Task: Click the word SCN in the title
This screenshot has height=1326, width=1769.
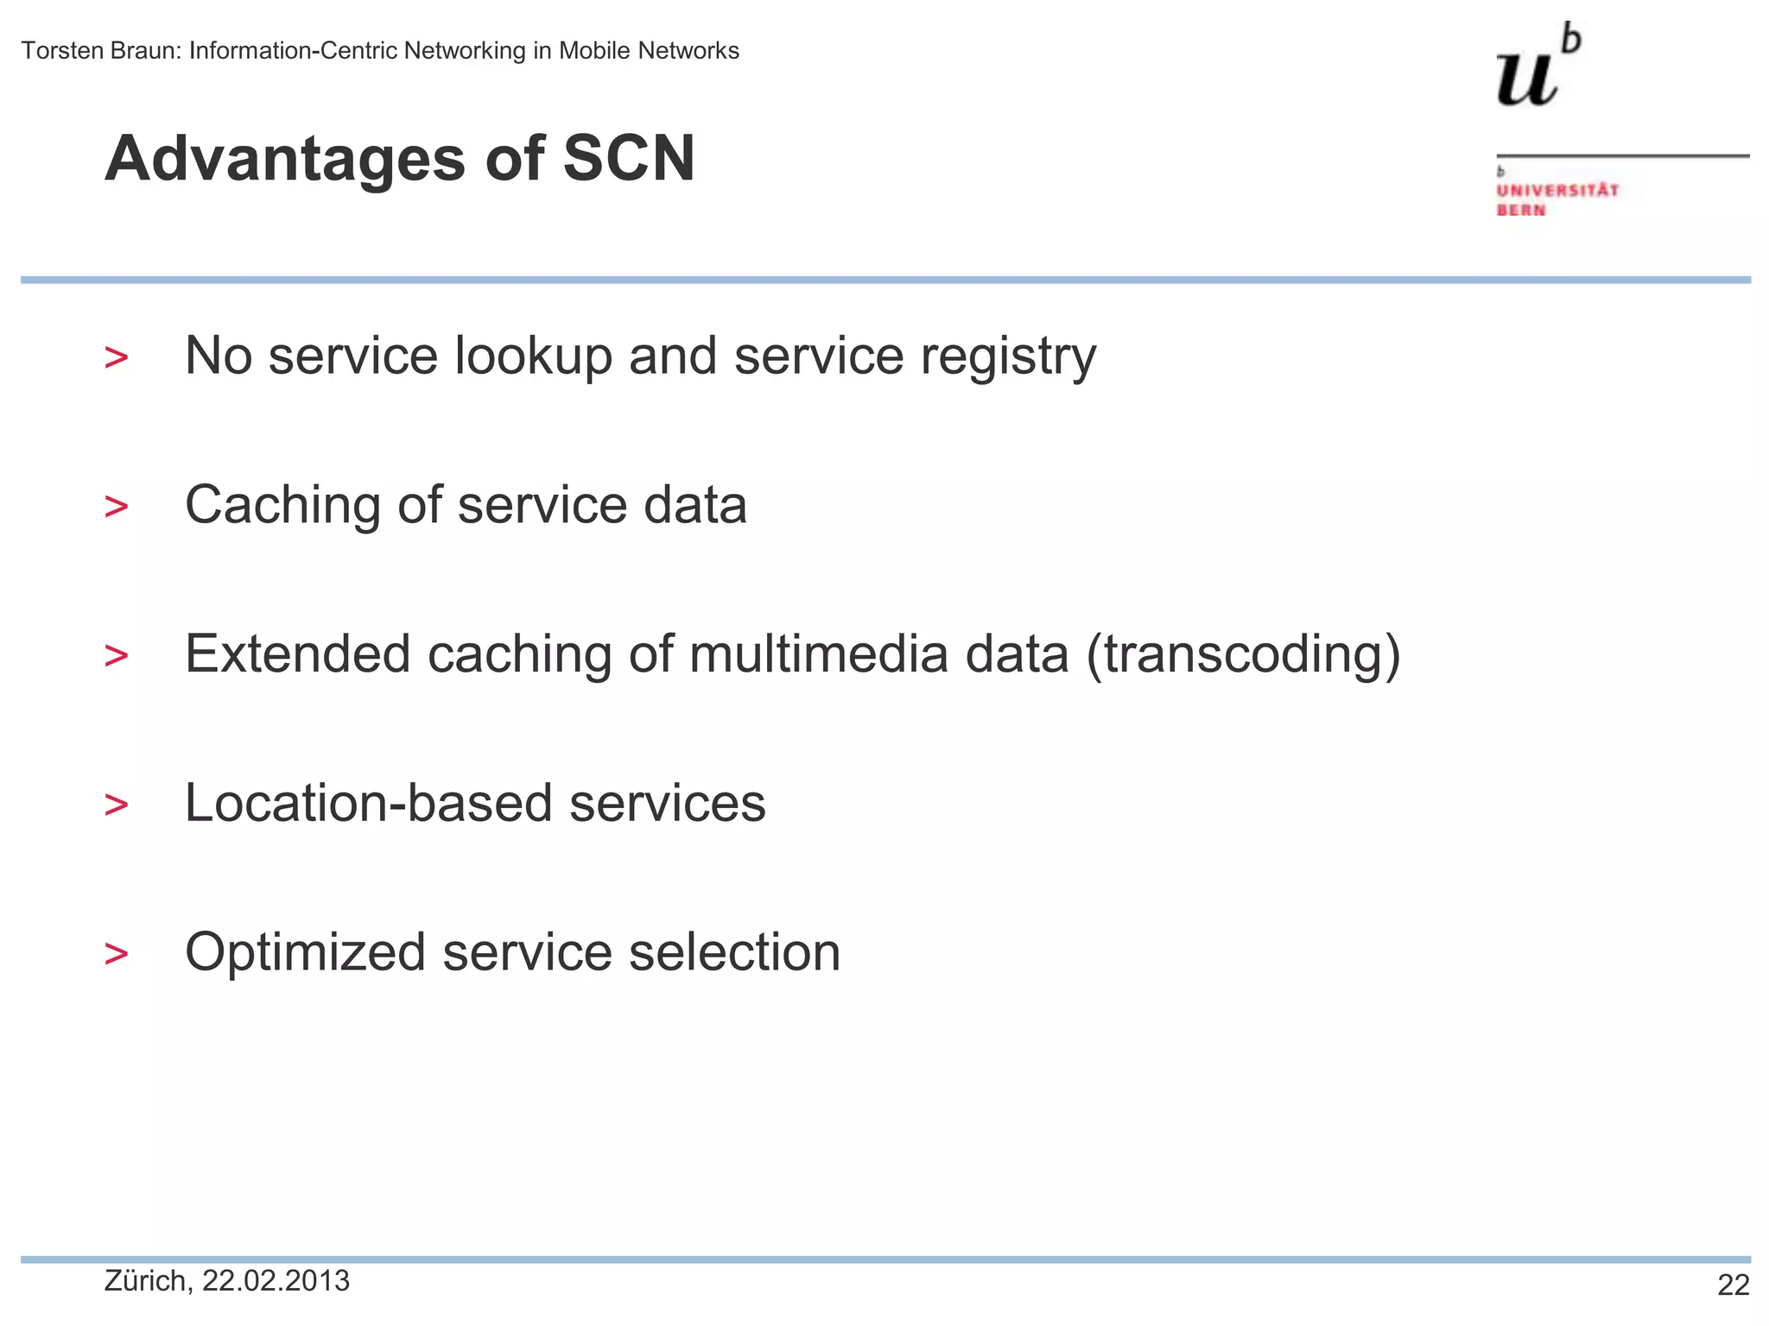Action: click(629, 159)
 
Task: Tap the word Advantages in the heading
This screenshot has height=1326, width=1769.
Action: click(285, 161)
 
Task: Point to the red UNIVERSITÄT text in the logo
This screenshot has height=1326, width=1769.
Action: click(1557, 190)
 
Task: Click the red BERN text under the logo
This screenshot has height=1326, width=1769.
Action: click(1520, 211)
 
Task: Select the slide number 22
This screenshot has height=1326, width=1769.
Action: click(1733, 1285)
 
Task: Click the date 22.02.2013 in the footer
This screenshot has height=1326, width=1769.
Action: click(276, 1281)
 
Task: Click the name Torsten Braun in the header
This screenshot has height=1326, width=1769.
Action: click(100, 51)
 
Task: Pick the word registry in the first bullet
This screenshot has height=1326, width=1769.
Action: click(1008, 357)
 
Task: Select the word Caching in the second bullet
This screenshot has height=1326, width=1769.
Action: click(282, 506)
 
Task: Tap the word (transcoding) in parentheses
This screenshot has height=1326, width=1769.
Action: click(1243, 654)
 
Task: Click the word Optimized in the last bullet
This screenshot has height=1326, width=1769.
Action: click(305, 953)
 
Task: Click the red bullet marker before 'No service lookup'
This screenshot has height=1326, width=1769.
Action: click(116, 357)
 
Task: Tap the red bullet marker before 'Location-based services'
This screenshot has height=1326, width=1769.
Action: click(116, 805)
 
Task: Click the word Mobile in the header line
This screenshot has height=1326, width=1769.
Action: click(594, 51)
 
